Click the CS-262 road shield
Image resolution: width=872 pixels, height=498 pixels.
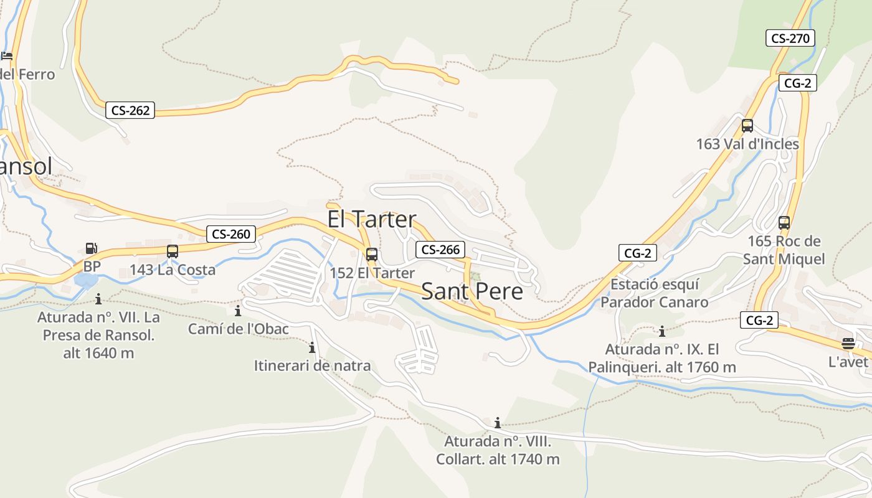coord(130,111)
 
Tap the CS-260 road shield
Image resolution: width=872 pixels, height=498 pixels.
coord(231,234)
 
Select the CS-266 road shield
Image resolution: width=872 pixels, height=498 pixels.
coord(440,250)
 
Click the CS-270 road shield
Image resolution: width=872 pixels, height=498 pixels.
coord(790,38)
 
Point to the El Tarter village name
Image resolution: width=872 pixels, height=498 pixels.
coord(372,219)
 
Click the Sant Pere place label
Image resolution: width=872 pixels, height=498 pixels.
coord(472,291)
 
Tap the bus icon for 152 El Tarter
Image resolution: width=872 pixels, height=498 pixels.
coord(372,254)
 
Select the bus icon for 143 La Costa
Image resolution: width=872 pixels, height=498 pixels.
coord(173,251)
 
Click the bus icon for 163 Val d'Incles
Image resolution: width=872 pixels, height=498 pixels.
coord(747,126)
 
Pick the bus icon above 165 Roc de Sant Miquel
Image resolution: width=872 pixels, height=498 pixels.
coord(784,222)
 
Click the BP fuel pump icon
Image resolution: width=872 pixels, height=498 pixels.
coord(92,248)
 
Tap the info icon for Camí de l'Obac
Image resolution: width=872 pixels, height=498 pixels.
coord(237,311)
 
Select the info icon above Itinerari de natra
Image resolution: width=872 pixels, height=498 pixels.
coord(312,347)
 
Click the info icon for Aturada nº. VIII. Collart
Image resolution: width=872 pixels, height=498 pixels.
coord(497,423)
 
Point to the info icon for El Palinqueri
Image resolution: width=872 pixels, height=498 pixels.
coord(661,331)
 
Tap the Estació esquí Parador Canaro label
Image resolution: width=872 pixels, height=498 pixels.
coord(655,293)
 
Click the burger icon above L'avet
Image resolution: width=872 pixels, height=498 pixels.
coord(848,343)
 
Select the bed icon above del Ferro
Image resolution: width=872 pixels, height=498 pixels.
coord(7,56)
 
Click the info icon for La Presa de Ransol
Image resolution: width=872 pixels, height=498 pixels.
coord(98,299)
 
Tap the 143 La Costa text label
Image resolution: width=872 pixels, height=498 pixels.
coord(173,270)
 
